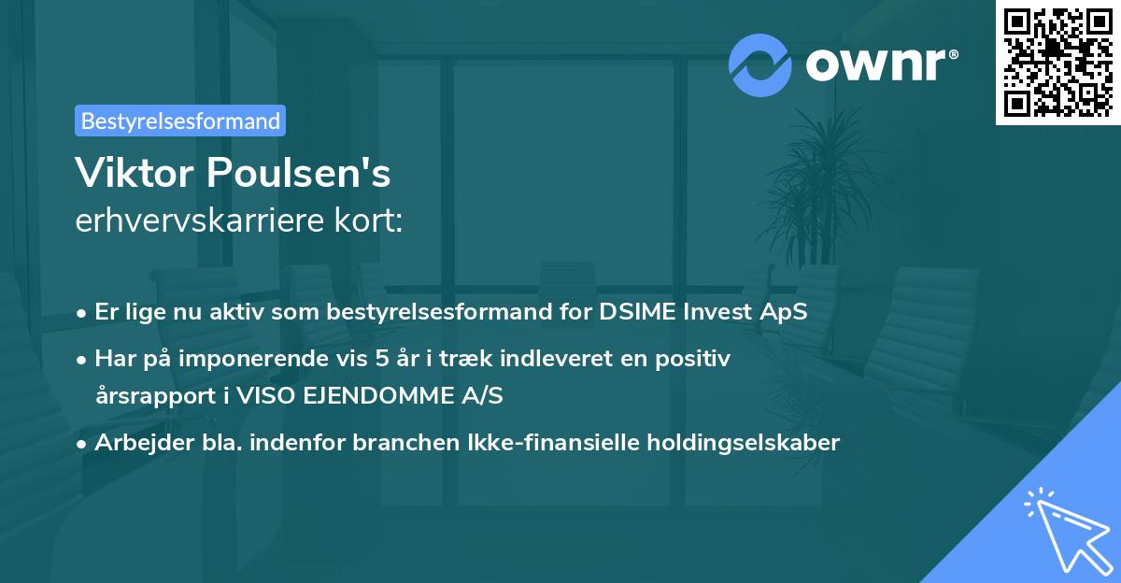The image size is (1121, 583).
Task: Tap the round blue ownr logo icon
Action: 760,65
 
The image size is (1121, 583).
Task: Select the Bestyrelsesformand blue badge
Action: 180,121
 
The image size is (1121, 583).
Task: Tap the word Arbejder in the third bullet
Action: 133,442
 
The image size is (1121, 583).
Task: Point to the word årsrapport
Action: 149,395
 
